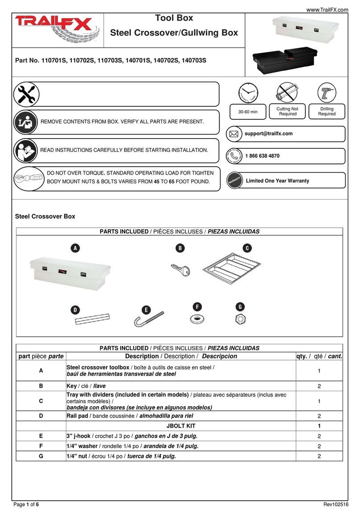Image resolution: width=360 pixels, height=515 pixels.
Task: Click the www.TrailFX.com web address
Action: (x=327, y=4)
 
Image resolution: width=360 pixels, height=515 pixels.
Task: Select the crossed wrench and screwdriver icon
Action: (x=26, y=94)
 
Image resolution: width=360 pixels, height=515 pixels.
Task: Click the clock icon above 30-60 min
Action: (x=247, y=93)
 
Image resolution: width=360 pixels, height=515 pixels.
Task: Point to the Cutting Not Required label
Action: (x=284, y=111)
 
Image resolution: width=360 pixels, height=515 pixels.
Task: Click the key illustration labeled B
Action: (x=180, y=269)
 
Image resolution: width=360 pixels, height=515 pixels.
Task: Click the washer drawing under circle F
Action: (x=196, y=319)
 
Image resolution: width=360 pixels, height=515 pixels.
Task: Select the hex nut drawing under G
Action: (x=240, y=319)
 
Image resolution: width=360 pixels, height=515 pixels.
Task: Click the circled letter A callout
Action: (x=76, y=248)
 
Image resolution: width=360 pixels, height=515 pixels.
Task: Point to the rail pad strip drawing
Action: (x=91, y=319)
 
